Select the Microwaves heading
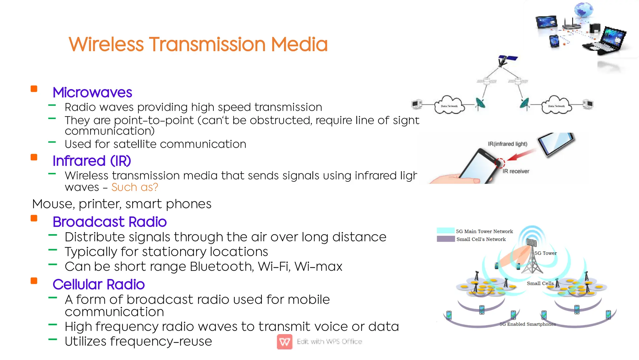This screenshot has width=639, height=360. (92, 92)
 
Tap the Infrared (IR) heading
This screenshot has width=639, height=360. (92, 161)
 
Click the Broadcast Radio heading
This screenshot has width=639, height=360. (110, 222)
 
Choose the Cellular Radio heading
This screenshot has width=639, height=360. (99, 284)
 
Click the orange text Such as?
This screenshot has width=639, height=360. (134, 187)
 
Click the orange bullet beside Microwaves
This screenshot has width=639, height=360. (34, 89)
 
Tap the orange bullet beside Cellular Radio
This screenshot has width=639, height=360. (34, 281)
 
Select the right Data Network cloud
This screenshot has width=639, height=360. (556, 105)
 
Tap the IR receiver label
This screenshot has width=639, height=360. (516, 171)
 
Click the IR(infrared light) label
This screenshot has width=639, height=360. (507, 144)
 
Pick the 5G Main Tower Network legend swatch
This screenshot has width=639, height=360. (445, 231)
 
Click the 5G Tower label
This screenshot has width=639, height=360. (545, 253)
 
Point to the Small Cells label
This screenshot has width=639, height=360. (540, 283)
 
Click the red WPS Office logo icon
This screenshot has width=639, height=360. (285, 342)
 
